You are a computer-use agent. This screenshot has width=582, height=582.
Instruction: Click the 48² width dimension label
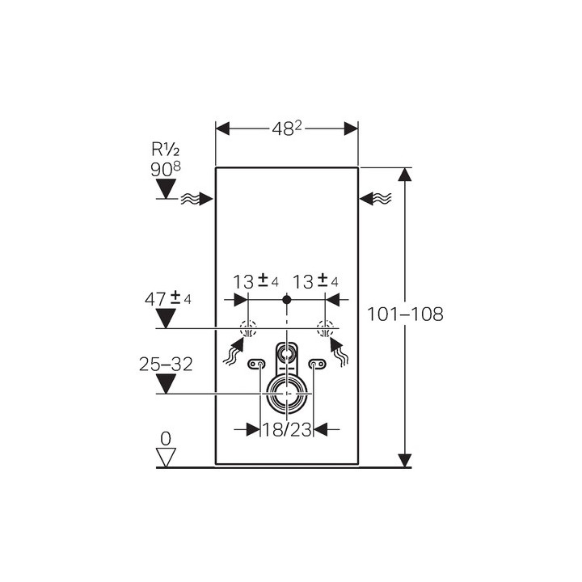click(x=287, y=129)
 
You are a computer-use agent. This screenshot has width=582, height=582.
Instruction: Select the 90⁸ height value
click(x=166, y=169)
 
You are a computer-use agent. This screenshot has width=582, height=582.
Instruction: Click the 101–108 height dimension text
click(x=405, y=314)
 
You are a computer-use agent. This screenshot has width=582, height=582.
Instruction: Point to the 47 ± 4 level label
click(x=168, y=298)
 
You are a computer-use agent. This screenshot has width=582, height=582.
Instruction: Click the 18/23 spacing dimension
click(x=287, y=430)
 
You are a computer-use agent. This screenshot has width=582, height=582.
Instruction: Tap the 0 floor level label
click(x=166, y=439)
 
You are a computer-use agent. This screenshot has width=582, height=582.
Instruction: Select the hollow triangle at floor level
click(x=166, y=457)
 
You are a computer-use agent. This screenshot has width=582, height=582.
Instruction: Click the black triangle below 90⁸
click(x=166, y=189)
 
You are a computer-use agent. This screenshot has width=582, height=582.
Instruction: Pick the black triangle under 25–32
click(x=166, y=384)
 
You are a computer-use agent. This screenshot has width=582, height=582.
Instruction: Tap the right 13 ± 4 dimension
click(x=315, y=281)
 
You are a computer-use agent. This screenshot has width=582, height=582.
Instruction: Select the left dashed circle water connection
click(x=248, y=328)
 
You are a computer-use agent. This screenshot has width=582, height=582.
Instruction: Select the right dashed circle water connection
click(x=325, y=328)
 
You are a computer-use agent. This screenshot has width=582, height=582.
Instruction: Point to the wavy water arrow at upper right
click(x=376, y=198)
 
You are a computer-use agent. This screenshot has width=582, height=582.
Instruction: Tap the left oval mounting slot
click(x=258, y=365)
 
